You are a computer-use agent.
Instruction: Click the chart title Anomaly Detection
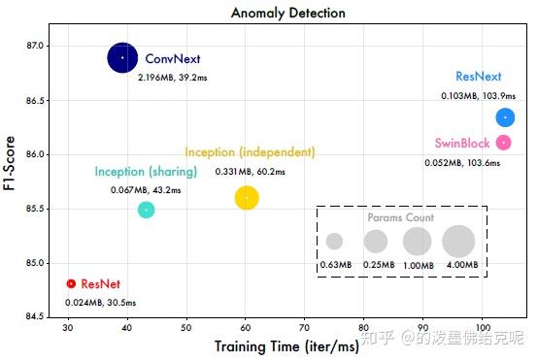pyautogui.click(x=287, y=13)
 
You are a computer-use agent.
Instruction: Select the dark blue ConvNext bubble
pyautogui.click(x=122, y=58)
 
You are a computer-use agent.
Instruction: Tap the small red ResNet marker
pyautogui.click(x=70, y=283)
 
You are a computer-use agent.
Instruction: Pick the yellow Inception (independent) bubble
pyautogui.click(x=247, y=198)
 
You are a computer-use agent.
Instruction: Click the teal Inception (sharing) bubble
pyautogui.click(x=146, y=210)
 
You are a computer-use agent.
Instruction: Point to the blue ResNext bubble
pyautogui.click(x=505, y=117)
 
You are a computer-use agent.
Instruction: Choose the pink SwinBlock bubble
pyautogui.click(x=503, y=143)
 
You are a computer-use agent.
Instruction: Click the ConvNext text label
pyautogui.click(x=171, y=58)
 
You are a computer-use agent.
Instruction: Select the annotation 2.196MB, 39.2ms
pyautogui.click(x=172, y=77)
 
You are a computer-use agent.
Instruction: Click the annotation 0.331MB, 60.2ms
pyautogui.click(x=250, y=172)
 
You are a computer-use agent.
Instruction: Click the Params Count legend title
pyautogui.click(x=400, y=218)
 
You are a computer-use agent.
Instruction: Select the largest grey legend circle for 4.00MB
pyautogui.click(x=458, y=241)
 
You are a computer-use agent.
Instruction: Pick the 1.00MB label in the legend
pyautogui.click(x=418, y=265)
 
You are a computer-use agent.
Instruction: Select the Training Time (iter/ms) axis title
pyautogui.click(x=273, y=345)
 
